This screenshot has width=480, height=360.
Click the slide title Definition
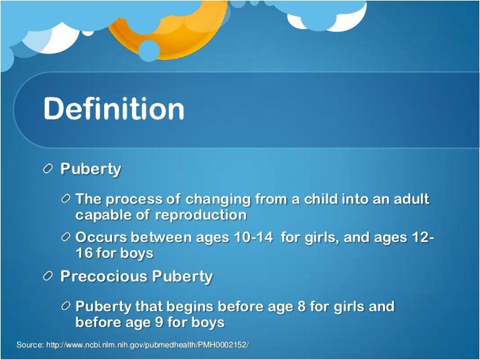point(113,109)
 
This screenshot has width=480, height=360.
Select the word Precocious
point(104,277)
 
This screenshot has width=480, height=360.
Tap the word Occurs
point(102,238)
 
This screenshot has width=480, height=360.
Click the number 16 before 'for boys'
point(84,254)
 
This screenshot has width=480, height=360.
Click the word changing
point(214,200)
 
